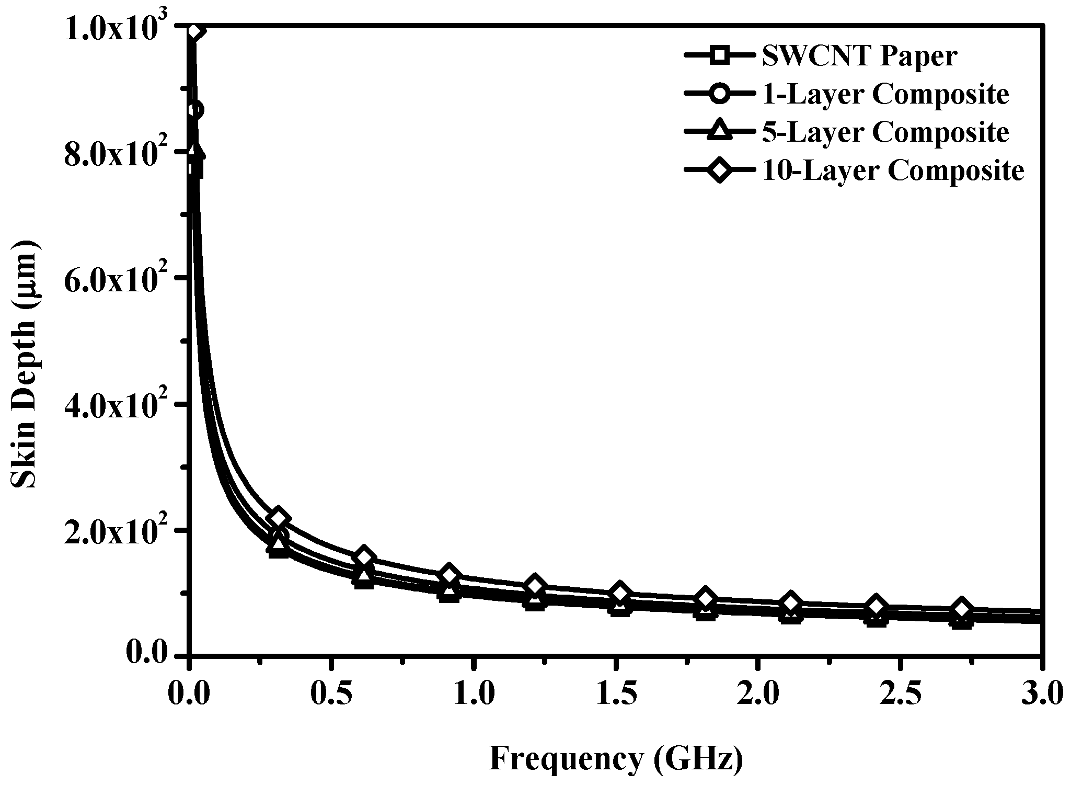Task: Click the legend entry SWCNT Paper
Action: pos(859,56)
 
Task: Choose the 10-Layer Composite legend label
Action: pos(893,170)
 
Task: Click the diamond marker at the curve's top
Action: pos(194,30)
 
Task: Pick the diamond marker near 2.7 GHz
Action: pos(961,608)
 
